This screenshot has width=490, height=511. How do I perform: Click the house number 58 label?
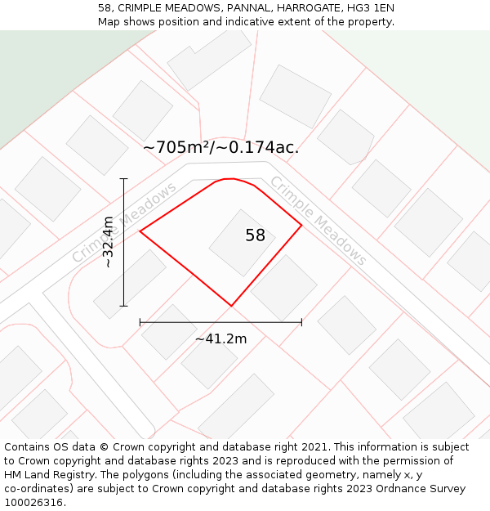255,235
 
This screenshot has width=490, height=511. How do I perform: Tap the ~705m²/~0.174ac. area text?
220,147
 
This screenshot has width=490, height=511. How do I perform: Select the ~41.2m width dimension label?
220,338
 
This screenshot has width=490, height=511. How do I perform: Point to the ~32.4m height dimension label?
108,242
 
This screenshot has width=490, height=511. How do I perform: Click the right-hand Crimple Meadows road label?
318,221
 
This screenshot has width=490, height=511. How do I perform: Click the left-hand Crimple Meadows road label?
124,223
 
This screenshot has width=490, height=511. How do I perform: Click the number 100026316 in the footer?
33,503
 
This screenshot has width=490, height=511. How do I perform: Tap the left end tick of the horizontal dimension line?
140,322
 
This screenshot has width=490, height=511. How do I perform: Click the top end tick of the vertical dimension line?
124,178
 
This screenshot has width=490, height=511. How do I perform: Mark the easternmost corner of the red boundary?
301,225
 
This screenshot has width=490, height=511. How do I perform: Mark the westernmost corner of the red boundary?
140,231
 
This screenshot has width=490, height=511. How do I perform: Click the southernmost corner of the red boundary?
231,306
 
